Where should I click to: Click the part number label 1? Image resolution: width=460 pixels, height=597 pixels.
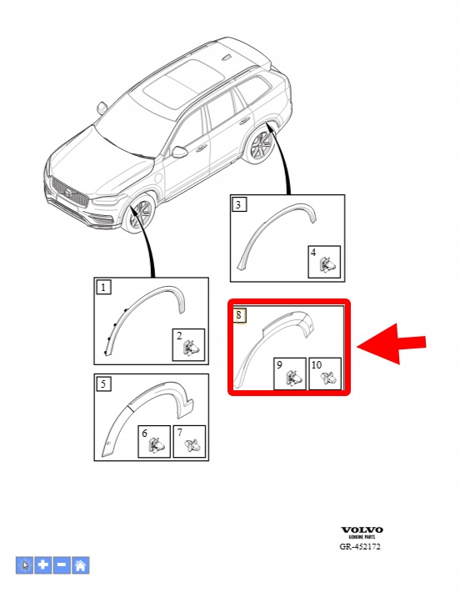[103, 287]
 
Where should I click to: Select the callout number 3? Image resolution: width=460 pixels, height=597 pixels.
[239, 204]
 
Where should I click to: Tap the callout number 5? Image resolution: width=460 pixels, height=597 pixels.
[103, 384]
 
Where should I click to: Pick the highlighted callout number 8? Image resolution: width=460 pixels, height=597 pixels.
[239, 315]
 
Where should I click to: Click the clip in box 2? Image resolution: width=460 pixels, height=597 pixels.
[192, 348]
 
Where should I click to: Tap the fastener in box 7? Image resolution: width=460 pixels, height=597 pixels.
[192, 444]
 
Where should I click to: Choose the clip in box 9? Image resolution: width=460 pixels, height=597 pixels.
[294, 377]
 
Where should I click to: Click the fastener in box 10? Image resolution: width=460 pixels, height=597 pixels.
[328, 378]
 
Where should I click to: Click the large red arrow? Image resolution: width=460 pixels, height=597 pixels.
[391, 344]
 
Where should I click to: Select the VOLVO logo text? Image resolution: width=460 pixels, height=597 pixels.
[362, 530]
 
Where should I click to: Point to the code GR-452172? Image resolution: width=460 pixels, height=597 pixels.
[360, 547]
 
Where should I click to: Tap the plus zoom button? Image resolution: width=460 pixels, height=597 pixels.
[43, 565]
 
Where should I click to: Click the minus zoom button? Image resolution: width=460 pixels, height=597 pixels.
[62, 565]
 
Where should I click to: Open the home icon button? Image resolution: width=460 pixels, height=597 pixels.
[81, 565]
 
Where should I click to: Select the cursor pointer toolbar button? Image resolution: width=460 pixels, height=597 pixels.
[24, 565]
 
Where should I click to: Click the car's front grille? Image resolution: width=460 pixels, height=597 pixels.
[70, 193]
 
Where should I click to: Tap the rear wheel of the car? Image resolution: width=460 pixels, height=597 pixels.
[260, 145]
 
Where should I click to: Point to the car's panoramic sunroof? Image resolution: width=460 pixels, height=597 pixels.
[183, 83]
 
